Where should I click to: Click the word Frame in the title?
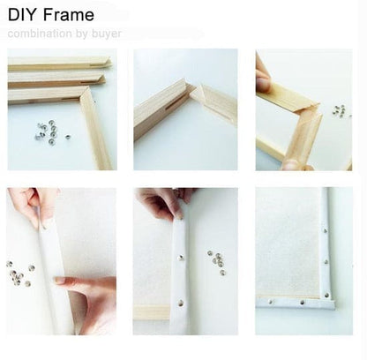click(x=67, y=15)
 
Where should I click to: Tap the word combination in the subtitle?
click(x=37, y=34)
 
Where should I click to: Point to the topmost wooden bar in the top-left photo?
click(x=57, y=64)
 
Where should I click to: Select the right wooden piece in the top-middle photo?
click(x=213, y=101)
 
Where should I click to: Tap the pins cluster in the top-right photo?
click(x=338, y=110)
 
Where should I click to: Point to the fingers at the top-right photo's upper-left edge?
click(x=264, y=75)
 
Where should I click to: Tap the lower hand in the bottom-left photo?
click(x=92, y=296)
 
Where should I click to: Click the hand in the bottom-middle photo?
click(x=163, y=201)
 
